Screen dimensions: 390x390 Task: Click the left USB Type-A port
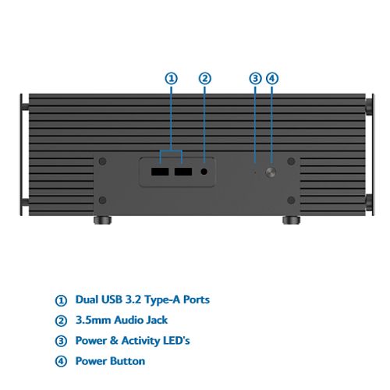pos(160,172)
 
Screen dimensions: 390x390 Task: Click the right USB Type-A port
pos(183,172)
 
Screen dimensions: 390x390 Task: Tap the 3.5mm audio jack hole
pos(204,172)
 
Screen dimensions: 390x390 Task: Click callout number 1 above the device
pos(172,79)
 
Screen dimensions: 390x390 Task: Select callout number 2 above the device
pos(205,79)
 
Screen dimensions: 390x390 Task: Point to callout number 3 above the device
pos(255,79)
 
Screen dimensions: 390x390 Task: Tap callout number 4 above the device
pos(272,79)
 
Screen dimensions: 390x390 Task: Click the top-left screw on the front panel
pos(103,161)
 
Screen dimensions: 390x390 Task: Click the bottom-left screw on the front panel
pos(103,200)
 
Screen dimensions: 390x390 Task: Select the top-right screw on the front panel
pos(291,161)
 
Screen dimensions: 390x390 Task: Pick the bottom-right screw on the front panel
pos(291,200)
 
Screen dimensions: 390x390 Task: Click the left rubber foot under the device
pos(102,220)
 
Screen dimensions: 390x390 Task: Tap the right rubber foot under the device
pos(291,220)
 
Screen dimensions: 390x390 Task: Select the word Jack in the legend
pos(157,320)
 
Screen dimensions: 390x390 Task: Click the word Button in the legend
pos(127,361)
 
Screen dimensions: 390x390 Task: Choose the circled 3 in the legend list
pos(61,341)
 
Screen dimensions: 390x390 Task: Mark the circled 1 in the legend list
pos(61,300)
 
